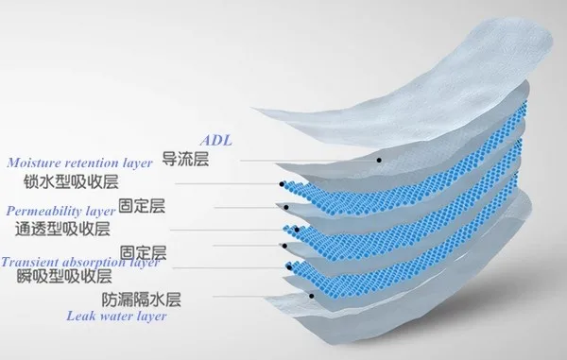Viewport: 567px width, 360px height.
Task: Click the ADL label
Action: pos(215,140)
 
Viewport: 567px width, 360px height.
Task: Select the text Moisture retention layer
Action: pos(79,163)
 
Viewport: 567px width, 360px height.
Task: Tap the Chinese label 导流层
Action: pos(185,159)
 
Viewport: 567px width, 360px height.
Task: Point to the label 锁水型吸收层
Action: pos(71,181)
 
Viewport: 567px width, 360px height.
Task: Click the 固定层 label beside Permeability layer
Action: pos(142,206)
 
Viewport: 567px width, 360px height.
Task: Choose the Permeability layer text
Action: pos(60,211)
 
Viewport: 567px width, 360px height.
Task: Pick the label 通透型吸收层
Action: pos(62,230)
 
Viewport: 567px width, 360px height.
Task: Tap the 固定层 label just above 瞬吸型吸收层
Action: pos(143,252)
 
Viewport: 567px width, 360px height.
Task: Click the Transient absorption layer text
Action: pos(80,262)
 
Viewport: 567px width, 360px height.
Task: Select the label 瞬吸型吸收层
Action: pos(64,276)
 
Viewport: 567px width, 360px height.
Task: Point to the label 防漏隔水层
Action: pos(141,300)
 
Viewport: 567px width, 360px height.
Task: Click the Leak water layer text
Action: pos(116,316)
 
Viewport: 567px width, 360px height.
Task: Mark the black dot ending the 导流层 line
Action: pos(379,160)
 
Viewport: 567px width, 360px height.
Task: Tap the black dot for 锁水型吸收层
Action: pos(282,184)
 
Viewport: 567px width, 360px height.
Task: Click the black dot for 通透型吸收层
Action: pos(297,230)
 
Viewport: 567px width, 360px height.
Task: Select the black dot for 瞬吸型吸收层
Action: pos(289,267)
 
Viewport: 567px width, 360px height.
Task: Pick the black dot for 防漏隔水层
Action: pos(311,296)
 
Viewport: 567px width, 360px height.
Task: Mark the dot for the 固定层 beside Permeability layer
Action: pos(286,208)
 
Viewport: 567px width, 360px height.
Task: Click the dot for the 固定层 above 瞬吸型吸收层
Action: pos(284,246)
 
